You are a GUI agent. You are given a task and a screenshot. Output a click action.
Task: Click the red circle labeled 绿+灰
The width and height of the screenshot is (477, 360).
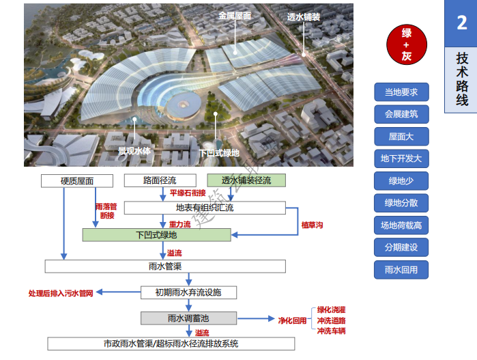pos(406,45)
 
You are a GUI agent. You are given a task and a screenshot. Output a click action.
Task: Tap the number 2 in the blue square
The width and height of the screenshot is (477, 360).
pos(461,23)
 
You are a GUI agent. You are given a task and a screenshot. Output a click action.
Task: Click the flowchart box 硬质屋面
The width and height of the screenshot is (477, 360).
pos(76,181)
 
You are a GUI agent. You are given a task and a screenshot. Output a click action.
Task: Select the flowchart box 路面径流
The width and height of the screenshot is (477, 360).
pos(160,181)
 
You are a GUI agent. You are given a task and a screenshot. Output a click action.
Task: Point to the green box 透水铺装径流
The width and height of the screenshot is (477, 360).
pos(246,181)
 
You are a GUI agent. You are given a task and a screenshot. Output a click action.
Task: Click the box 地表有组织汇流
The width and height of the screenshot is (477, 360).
pos(205,208)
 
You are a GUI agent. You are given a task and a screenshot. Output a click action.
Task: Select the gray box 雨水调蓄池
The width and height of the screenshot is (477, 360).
pos(189,318)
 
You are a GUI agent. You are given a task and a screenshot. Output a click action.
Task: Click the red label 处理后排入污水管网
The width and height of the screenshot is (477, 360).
pos(59,293)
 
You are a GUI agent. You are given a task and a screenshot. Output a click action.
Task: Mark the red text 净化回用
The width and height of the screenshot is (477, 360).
pos(292,320)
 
